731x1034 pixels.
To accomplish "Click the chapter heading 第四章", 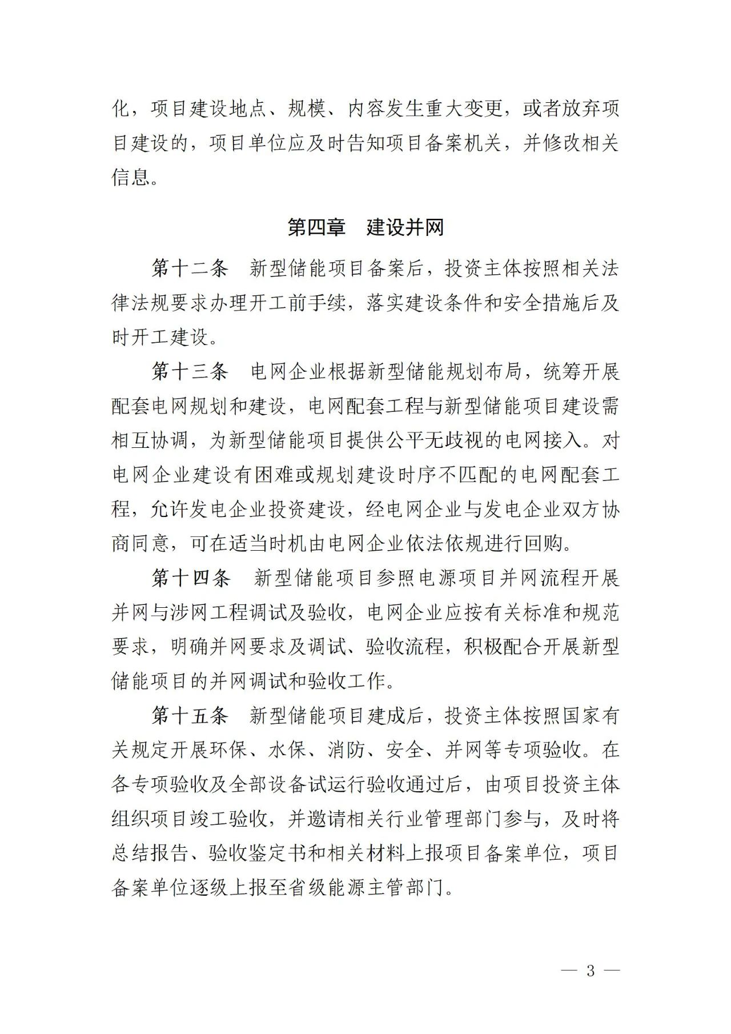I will click(x=316, y=227).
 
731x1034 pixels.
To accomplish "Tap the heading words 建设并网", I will click(x=405, y=227).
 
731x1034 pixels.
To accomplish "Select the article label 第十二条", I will click(x=190, y=268).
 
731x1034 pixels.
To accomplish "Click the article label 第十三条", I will click(x=190, y=371).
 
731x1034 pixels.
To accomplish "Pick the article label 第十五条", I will click(x=190, y=715).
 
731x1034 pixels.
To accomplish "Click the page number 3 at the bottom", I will click(x=591, y=971).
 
